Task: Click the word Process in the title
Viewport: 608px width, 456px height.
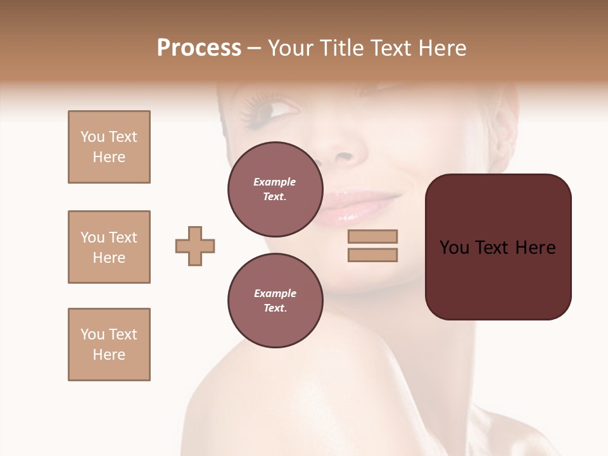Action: tap(199, 48)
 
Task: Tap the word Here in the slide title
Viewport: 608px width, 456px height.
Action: tap(441, 48)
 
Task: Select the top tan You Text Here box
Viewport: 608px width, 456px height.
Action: tap(109, 147)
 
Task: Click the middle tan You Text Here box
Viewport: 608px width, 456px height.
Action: tap(109, 247)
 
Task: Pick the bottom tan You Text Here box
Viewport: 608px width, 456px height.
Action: tap(109, 345)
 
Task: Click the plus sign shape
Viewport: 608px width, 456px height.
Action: tap(195, 246)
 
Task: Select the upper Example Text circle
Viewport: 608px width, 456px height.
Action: tap(274, 189)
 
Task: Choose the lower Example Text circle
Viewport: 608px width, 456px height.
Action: tap(274, 300)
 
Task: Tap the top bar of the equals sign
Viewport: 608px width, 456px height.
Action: tap(372, 236)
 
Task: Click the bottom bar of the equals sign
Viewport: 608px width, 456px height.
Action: tap(372, 255)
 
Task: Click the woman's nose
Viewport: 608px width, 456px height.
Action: tap(345, 152)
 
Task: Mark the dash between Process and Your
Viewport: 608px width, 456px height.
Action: tap(255, 49)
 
